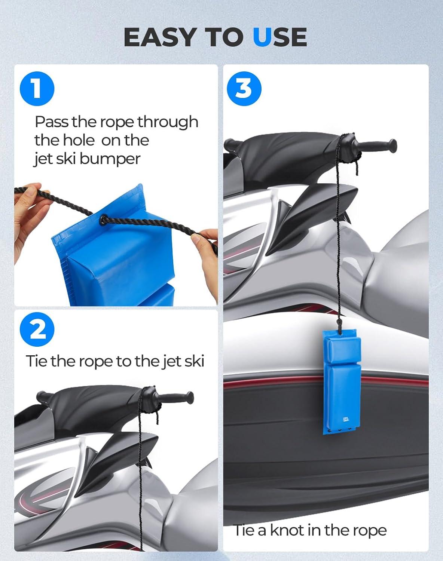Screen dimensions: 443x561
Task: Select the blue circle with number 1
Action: coord(37,89)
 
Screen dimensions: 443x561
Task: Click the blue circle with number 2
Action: coord(37,329)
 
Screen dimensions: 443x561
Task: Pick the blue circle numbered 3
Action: coord(244,89)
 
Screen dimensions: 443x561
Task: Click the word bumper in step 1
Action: coord(110,159)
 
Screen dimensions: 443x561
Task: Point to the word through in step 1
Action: coord(168,122)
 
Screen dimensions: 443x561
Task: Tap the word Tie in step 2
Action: coord(37,361)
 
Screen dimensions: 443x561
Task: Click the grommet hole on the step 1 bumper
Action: coord(104,218)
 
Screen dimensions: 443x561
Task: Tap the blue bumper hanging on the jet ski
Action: coord(342,382)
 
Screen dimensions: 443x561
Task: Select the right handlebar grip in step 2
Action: coord(175,398)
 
